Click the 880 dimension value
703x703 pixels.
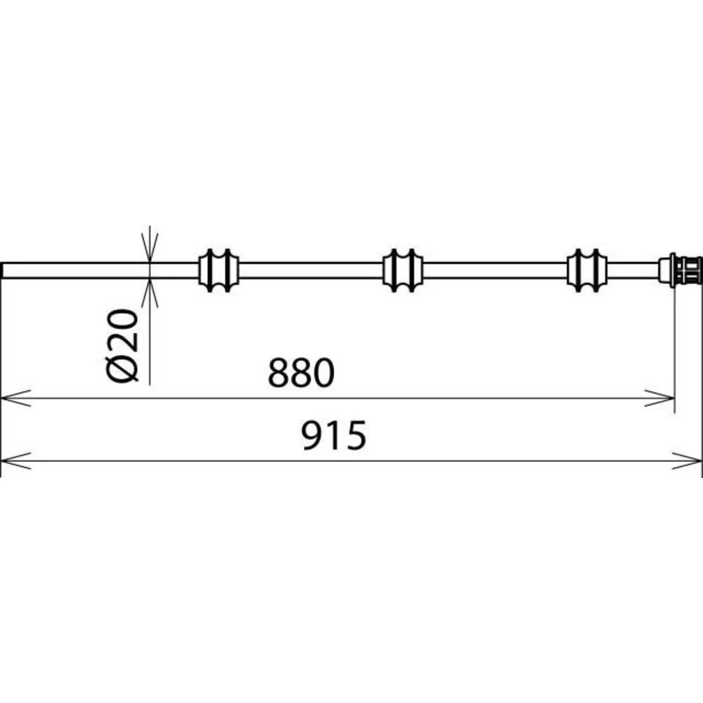coord(299,373)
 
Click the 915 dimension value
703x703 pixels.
coord(334,437)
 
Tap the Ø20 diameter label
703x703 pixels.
coord(125,344)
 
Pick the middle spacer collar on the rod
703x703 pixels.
coord(402,269)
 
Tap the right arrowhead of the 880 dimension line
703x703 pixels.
coord(664,399)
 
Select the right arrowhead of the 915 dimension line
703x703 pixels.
coord(692,461)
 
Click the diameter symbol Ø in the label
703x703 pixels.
coord(125,368)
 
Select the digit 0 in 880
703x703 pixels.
coord(321,373)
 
